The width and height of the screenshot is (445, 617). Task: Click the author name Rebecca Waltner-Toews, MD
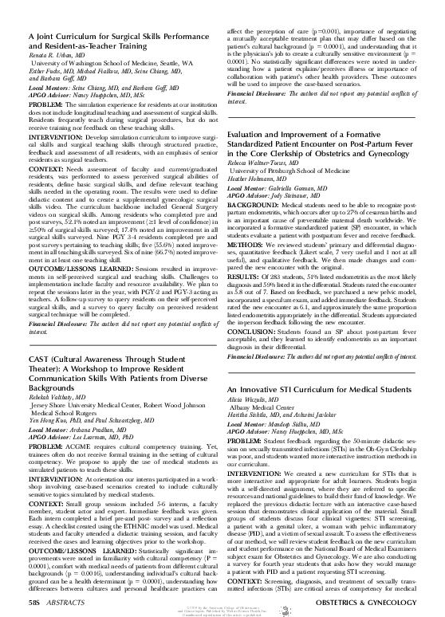pos(269,163)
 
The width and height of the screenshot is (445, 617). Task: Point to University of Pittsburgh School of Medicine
pos(300,171)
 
